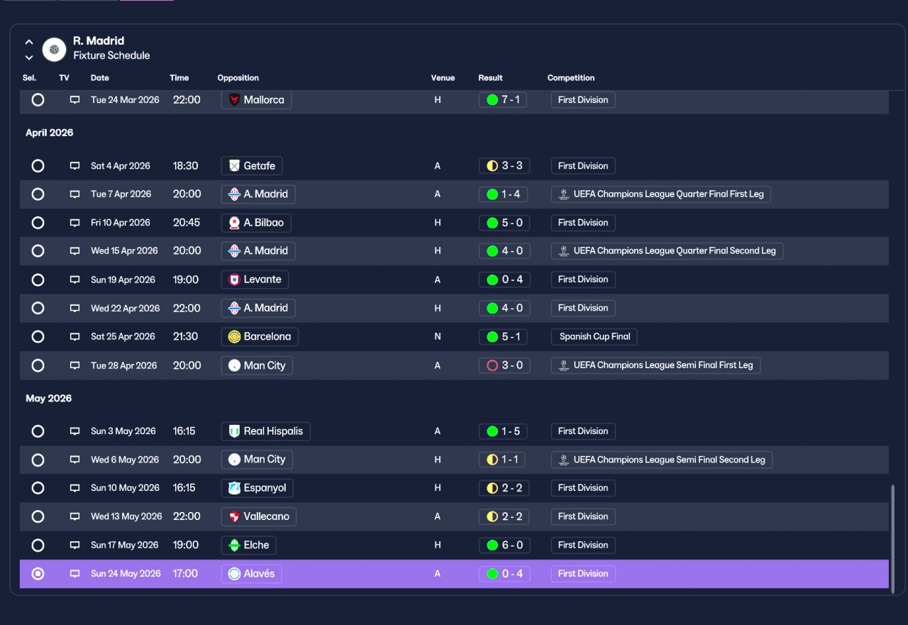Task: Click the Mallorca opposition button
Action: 256,100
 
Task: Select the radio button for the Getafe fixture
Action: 38,166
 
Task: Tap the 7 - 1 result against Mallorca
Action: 503,100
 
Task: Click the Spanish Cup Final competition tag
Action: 594,336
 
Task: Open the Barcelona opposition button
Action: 260,336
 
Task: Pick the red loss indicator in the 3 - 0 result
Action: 492,365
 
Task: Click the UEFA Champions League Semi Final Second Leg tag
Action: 662,460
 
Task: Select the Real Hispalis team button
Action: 265,431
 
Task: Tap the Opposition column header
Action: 238,78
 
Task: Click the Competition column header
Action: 571,78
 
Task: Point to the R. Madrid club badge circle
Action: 55,50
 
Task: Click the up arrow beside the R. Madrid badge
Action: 29,42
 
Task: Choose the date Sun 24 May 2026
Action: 126,573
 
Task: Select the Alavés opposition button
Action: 251,573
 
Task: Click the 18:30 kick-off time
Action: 185,166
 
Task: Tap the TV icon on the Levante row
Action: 74,280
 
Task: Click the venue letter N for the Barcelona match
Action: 438,336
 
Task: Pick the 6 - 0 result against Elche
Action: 504,545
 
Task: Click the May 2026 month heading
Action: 49,399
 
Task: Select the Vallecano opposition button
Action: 259,516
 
